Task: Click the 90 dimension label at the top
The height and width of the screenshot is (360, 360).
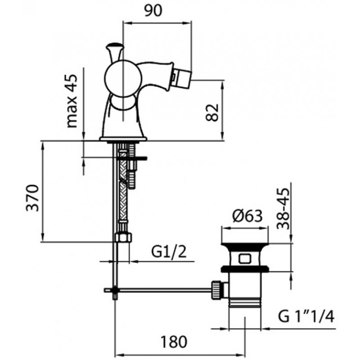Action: coord(153,10)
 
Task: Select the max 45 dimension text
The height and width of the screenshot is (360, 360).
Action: coord(72,101)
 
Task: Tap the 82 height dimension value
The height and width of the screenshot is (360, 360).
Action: coord(212,112)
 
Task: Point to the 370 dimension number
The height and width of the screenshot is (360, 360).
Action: coord(32,198)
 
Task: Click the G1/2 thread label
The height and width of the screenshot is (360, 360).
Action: coord(169,252)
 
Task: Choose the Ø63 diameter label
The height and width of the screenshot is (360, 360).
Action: coord(247,216)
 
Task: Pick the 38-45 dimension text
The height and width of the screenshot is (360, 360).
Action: coord(283,208)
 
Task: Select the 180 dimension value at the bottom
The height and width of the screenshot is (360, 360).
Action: coord(174,342)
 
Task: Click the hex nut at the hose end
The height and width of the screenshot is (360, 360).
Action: coord(123,237)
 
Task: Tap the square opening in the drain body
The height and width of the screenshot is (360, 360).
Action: coord(245,259)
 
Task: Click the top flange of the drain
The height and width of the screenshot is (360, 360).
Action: coord(245,245)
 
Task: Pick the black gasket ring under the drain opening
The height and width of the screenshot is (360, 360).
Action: coord(245,269)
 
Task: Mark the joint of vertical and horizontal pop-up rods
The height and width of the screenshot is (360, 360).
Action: coord(115,290)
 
